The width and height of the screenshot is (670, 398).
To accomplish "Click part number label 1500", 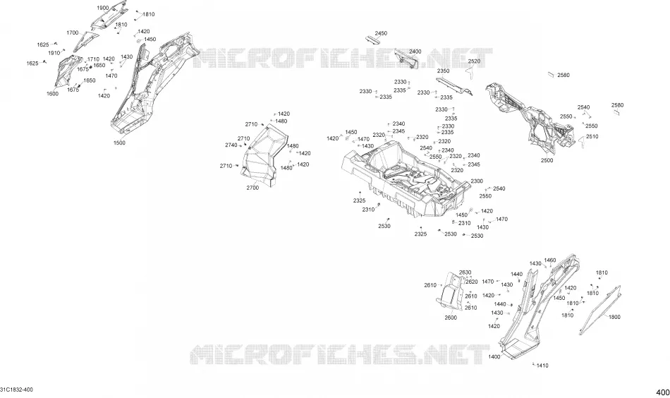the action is coord(119,143).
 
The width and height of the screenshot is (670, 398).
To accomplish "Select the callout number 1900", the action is coord(102,8).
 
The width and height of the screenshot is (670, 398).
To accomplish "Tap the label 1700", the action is coord(72,32).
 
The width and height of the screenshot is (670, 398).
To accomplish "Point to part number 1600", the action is coord(53,94).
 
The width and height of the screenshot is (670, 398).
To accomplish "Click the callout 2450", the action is coord(381,33).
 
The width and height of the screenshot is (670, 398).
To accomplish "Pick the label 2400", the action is coord(415,52).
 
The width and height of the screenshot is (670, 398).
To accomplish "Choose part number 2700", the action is coord(252,188).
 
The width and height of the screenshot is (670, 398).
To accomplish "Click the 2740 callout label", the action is coord(231,145).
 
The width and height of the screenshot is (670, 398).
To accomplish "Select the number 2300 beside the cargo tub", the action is coord(477,181).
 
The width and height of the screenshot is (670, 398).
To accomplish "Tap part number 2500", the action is coord(547,160).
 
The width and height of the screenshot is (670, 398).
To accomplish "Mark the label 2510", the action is coord(592,136).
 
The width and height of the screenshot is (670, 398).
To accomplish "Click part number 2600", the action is coord(451,318).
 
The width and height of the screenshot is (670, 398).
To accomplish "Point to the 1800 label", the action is coord(614,317).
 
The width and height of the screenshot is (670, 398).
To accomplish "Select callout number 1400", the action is coord(494,356).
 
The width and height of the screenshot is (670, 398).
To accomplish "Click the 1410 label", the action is coord(542,366).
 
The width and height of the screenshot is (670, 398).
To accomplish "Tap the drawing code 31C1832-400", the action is coord(16,390).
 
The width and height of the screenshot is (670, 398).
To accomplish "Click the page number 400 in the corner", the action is coord(663,392).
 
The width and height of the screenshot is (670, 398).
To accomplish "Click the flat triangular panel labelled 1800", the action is coord(600,310).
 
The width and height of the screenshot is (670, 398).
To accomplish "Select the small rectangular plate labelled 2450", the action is coord(372,40).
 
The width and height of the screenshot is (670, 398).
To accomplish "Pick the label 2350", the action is coord(443,71).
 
